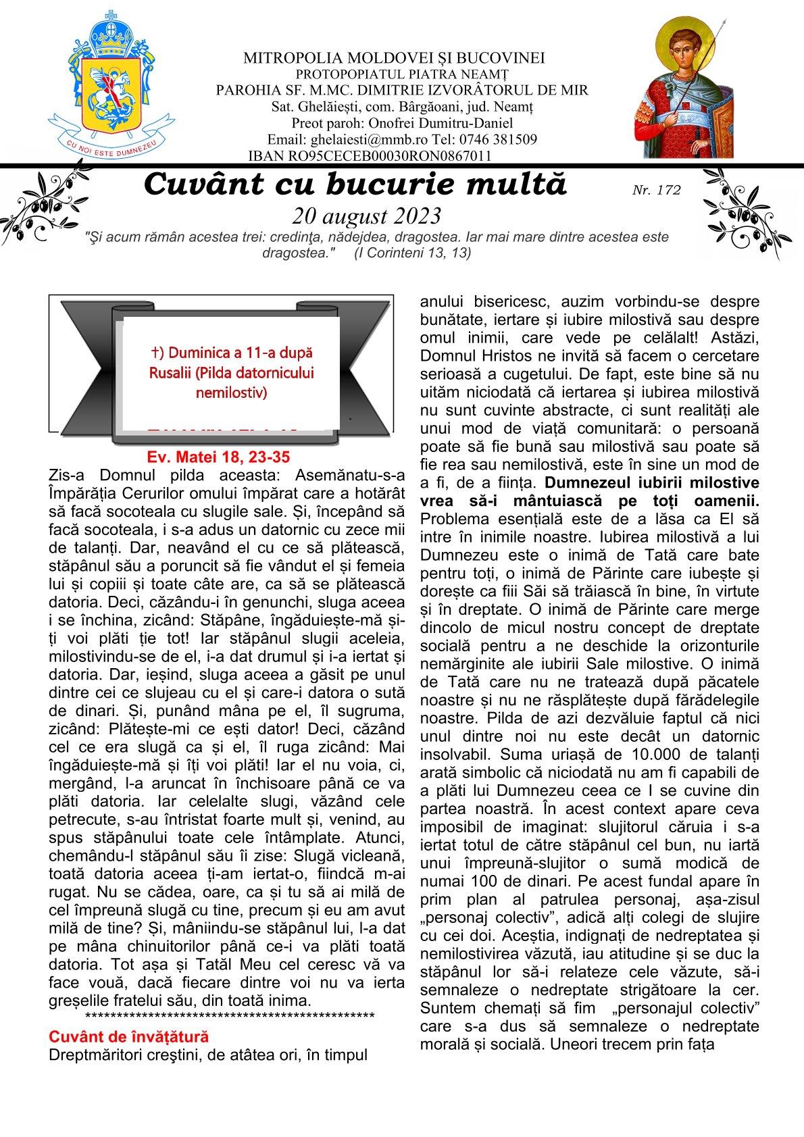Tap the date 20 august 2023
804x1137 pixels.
tap(367, 216)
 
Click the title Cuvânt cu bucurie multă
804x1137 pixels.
tap(355, 184)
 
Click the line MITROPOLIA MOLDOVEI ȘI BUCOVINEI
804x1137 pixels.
tap(394, 58)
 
